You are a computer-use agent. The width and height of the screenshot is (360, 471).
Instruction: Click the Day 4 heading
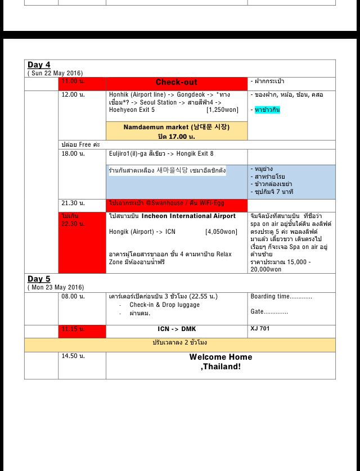(x=39, y=65)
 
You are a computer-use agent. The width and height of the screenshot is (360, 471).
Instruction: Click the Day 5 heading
(x=39, y=279)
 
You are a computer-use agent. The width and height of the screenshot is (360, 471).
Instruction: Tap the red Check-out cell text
(x=176, y=82)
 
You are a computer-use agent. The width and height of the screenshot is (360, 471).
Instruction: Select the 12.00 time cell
(x=73, y=94)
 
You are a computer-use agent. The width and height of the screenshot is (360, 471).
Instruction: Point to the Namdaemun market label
(x=177, y=127)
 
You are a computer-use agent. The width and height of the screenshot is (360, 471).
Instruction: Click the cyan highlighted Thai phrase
(x=267, y=110)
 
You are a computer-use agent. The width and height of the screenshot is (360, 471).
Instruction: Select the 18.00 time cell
(x=73, y=153)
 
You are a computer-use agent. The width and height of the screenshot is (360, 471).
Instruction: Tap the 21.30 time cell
(x=73, y=203)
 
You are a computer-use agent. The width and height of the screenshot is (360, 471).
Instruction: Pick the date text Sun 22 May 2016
(x=55, y=73)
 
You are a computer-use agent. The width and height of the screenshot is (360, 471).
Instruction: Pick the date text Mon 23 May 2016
(x=56, y=287)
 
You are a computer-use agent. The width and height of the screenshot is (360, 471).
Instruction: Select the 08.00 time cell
(x=73, y=296)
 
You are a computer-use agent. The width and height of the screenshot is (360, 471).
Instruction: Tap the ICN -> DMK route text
(x=177, y=329)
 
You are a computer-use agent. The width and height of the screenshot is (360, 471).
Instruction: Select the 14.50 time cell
(x=73, y=356)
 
